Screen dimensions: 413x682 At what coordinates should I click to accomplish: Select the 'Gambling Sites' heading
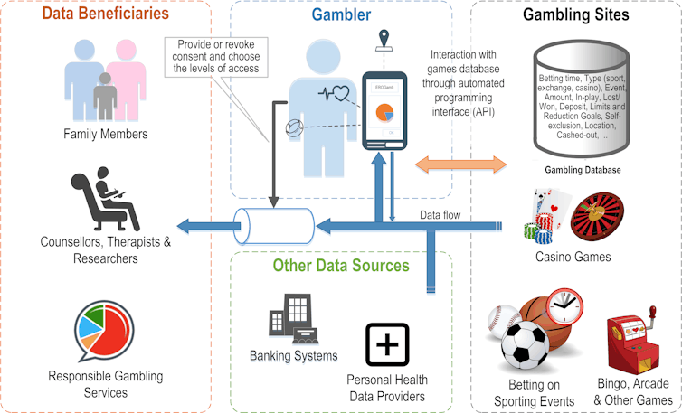pos(576,14)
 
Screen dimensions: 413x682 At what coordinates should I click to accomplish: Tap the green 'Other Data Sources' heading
pos(341,265)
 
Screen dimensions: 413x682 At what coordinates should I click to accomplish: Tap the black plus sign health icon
pos(386,343)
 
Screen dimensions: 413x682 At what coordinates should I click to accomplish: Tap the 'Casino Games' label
pos(573,257)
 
